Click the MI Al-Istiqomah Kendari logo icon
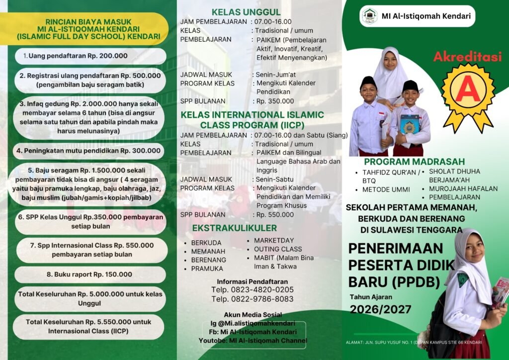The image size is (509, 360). (x=369, y=16)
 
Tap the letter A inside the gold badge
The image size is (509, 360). (x=467, y=90)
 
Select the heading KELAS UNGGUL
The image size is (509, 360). (x=246, y=12)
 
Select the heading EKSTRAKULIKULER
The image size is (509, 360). (x=235, y=228)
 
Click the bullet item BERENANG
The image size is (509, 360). (x=209, y=260)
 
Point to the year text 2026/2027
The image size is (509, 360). (x=380, y=309)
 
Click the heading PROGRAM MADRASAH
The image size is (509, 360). (x=414, y=162)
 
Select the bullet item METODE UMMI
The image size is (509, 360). (x=386, y=189)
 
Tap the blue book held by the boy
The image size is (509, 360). (x=410, y=124)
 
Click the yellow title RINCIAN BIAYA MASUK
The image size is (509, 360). (x=88, y=22)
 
